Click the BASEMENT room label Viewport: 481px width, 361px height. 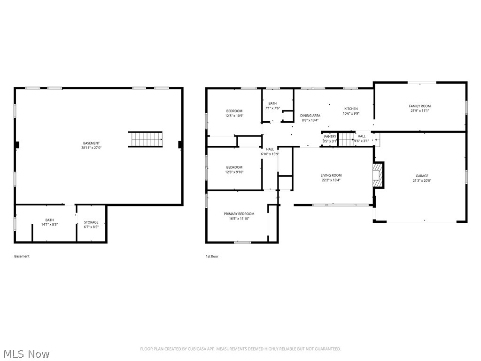click(91, 143)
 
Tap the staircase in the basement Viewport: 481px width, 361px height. click(145, 140)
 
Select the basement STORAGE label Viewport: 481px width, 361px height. click(91, 222)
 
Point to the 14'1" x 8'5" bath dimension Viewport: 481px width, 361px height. click(49, 225)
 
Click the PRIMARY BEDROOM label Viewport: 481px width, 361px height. click(239, 214)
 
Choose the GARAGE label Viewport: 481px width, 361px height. click(421, 176)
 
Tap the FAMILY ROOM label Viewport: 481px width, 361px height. click(419, 106)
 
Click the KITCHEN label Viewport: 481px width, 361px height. click(351, 109)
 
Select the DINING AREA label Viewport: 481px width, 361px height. click(310, 116)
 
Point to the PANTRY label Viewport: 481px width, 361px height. click(330, 136)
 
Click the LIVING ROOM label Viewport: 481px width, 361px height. click(331, 175)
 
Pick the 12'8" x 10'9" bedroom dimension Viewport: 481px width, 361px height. click(234, 116)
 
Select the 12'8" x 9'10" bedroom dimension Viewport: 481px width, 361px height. click(234, 172)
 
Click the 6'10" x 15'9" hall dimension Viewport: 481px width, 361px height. click(270, 154)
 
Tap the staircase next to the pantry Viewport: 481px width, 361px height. click(346, 140)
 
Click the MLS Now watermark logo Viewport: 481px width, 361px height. click(25, 353)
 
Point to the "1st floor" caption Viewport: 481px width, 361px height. click(212, 256)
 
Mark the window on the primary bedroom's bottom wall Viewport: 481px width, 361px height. click(242, 242)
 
